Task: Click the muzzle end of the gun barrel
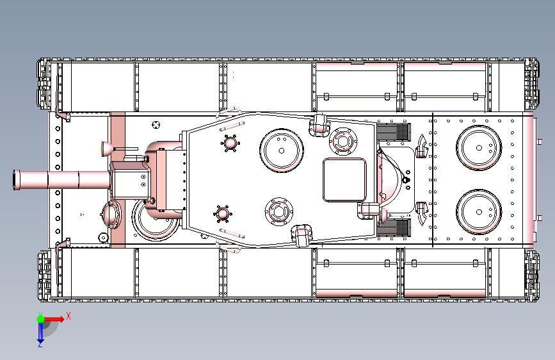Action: tap(14, 180)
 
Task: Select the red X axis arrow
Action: tap(53, 319)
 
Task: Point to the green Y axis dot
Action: tap(40, 319)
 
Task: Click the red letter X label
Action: tap(68, 316)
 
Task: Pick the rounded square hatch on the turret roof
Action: tap(344, 180)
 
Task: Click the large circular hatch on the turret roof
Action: tap(282, 151)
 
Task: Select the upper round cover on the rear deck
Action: tap(479, 148)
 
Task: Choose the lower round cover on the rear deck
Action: tap(479, 212)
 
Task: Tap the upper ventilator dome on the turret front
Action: tap(230, 143)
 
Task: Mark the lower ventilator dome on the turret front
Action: tap(222, 214)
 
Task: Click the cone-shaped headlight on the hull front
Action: tap(108, 149)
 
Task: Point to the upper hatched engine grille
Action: tap(394, 132)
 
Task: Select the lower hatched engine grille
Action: tap(394, 227)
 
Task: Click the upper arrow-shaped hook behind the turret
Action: tap(422, 146)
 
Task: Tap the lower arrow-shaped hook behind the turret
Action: tap(422, 214)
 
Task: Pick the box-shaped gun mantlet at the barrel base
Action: tap(130, 180)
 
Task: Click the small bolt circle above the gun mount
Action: tap(156, 125)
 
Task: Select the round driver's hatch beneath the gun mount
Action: tap(155, 220)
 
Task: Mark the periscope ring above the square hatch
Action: tap(342, 141)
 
